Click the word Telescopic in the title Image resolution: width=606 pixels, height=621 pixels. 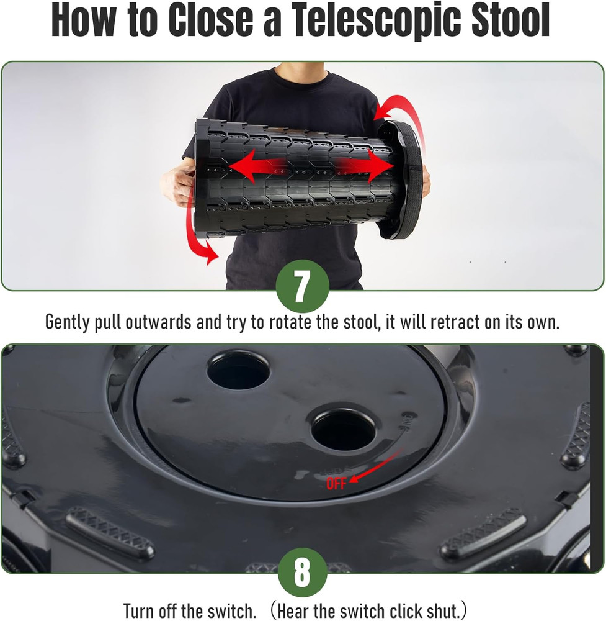click(x=365, y=22)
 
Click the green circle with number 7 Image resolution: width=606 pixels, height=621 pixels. click(x=302, y=286)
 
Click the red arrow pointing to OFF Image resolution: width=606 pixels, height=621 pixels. click(x=375, y=468)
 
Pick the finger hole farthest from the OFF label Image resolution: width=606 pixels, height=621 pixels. click(x=238, y=370)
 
